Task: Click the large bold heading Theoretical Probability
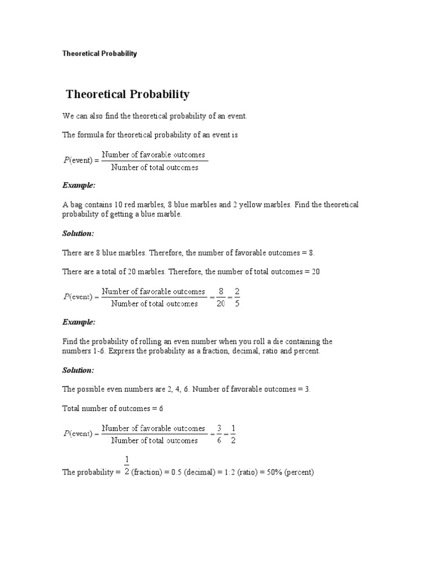128,94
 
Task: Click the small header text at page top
99,54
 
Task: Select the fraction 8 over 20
221,297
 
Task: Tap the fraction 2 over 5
237,297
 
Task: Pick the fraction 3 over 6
219,434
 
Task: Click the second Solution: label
78,370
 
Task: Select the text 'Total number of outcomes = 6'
113,409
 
